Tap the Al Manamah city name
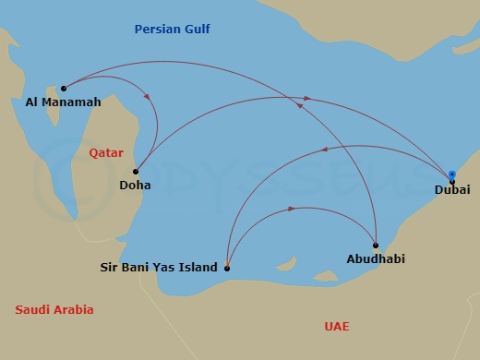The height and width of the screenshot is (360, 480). coord(64,102)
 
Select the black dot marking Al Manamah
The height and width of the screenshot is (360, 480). coord(64,89)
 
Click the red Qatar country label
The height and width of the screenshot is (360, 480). coord(106,152)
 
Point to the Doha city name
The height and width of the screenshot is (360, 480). coord(135,185)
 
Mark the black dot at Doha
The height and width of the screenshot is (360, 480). coord(136,171)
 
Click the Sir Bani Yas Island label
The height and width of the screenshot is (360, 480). coord(159,268)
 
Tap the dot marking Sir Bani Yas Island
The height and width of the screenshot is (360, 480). coord(227,269)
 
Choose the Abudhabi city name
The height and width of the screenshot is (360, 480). coord(376,259)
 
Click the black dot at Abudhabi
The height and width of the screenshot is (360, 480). coord(376,246)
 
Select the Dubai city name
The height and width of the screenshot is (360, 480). coord(452,190)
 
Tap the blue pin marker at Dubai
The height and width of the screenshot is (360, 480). coord(451,174)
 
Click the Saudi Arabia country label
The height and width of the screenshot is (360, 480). coord(54,310)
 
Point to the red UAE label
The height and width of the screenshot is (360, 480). coord(337,326)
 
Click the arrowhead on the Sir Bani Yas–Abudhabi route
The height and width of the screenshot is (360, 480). coord(292,209)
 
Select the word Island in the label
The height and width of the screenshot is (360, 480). coord(198,268)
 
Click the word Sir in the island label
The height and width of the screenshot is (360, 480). coord(109,268)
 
